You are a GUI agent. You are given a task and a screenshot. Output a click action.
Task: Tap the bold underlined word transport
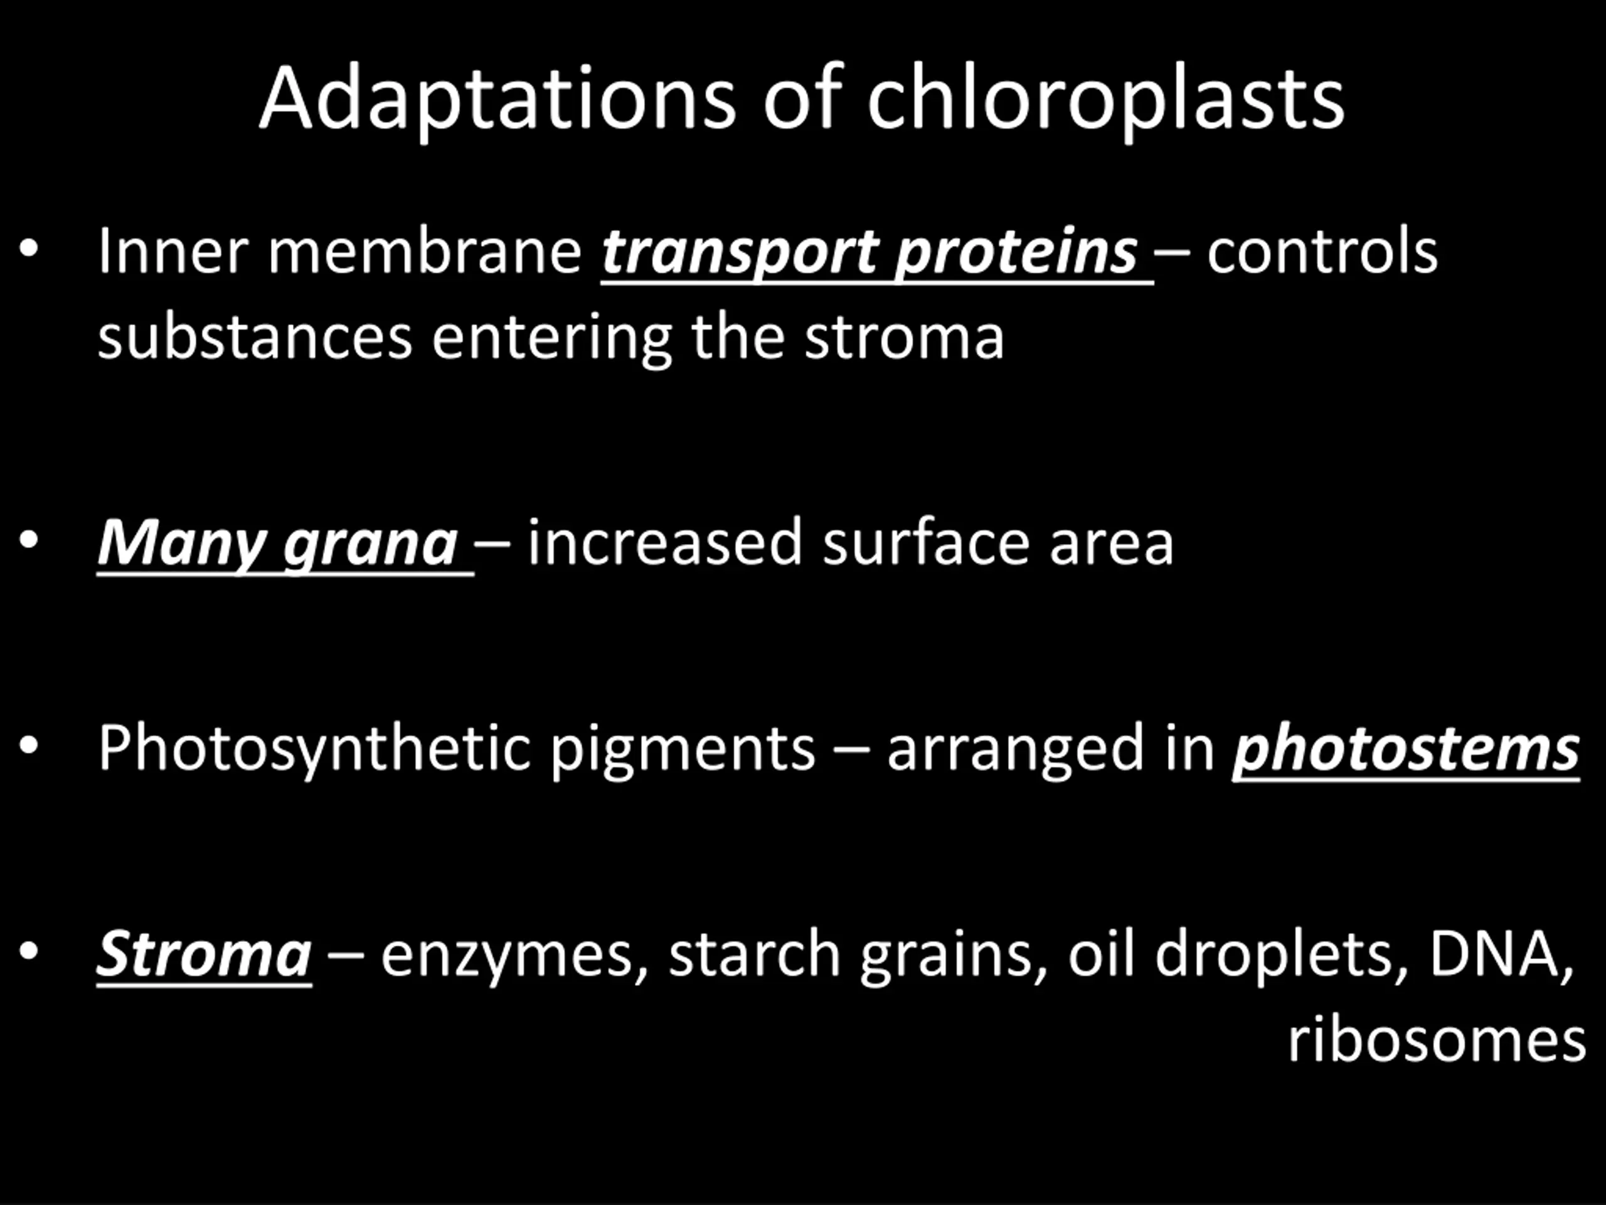pyautogui.click(x=738, y=254)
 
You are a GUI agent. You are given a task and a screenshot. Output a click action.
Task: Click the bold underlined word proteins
pyautogui.click(x=1016, y=254)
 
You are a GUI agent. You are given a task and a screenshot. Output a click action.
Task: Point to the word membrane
pyautogui.click(x=425, y=251)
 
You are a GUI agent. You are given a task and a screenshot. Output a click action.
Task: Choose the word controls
pyautogui.click(x=1322, y=251)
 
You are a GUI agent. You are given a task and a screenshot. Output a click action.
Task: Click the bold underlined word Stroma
pyautogui.click(x=204, y=955)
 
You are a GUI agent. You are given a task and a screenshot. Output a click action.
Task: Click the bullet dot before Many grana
pyautogui.click(x=28, y=540)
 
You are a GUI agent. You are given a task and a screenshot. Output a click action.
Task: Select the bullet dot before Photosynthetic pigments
pyautogui.click(x=28, y=745)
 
